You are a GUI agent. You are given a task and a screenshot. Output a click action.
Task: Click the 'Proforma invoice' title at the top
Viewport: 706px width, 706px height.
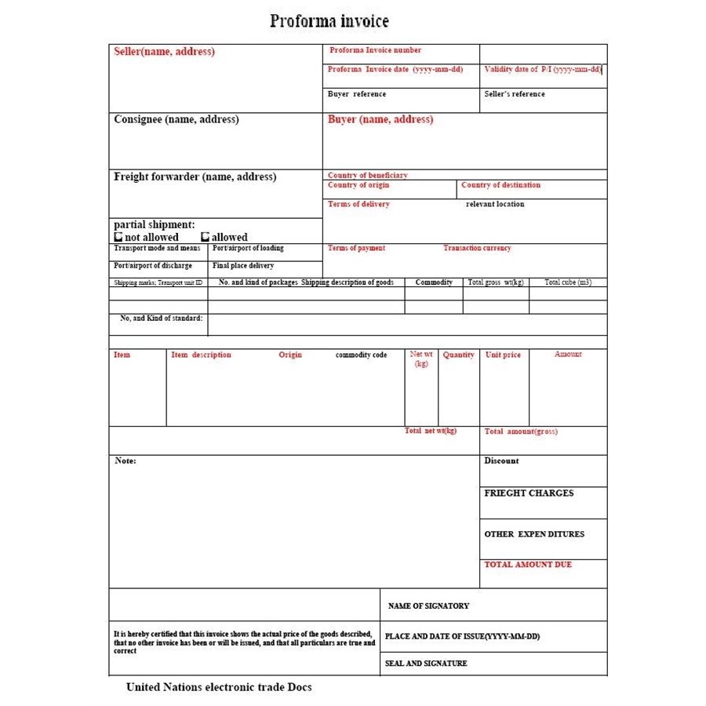coord(329,21)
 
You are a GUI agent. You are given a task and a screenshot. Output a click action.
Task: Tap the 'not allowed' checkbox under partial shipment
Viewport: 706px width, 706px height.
coord(118,237)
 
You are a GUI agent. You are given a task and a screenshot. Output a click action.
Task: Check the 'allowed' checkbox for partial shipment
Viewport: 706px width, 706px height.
coord(206,237)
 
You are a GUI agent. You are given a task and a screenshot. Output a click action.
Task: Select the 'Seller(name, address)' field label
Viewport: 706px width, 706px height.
coord(164,52)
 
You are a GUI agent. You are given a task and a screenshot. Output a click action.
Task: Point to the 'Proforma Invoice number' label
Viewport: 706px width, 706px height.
coord(375,50)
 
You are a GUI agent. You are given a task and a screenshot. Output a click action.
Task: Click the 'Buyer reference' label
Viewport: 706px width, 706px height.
coord(356,94)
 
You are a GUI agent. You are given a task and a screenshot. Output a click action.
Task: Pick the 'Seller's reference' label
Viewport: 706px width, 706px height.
coord(515,94)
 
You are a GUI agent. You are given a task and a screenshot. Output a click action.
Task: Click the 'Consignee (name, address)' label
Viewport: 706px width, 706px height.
coord(176,120)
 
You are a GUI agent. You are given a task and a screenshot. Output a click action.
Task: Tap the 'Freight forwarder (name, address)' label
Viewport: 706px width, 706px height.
coord(195,177)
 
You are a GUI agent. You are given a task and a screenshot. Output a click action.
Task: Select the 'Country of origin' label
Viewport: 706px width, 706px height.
coord(358,185)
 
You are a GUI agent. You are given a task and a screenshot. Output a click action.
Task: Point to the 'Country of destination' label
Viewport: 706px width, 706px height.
coord(500,185)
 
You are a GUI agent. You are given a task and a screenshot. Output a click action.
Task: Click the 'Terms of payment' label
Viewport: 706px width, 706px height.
coord(356,248)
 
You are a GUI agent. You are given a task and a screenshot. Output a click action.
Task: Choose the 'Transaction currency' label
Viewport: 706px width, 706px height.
coord(477,248)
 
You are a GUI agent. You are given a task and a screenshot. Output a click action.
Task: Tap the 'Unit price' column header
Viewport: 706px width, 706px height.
coord(503,355)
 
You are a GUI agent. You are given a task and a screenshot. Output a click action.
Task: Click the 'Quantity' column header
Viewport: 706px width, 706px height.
coord(458,355)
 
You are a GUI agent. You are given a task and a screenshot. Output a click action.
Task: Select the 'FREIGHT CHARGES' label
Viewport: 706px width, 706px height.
coord(529,493)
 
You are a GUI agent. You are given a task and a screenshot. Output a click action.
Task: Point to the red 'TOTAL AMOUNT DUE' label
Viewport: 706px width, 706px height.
coord(528,565)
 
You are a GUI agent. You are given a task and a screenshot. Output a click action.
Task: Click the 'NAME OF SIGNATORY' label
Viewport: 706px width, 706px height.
coord(428,606)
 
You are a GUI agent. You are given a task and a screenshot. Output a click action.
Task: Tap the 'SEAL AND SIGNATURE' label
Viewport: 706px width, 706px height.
coord(426,664)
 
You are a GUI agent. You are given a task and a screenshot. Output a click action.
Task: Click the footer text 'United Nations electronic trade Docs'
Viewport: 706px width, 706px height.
coord(219,687)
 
